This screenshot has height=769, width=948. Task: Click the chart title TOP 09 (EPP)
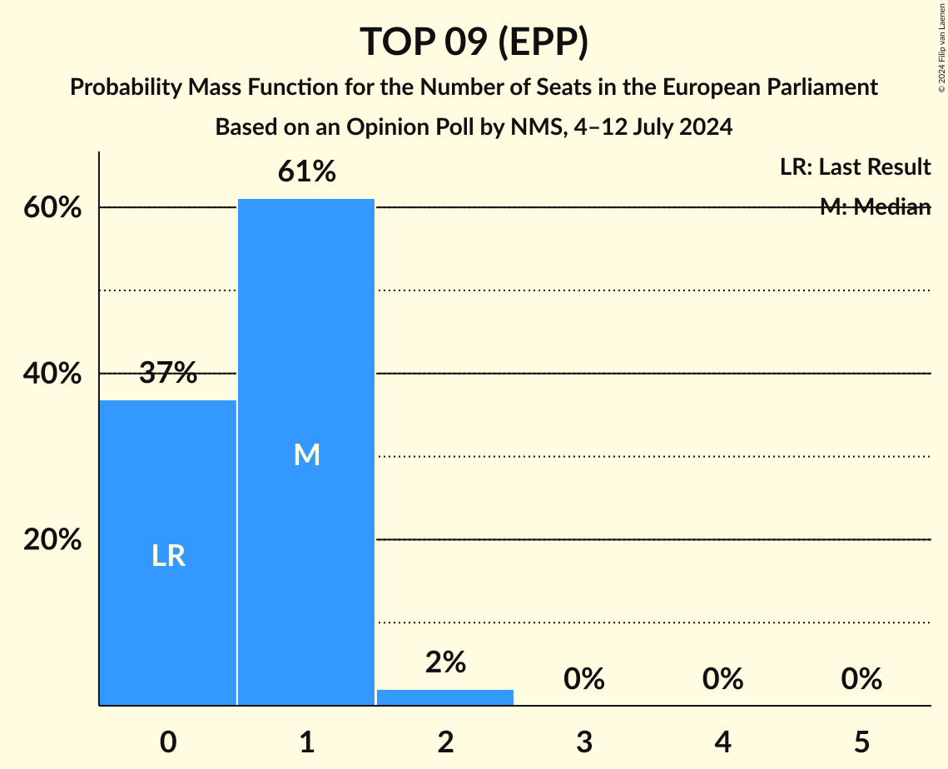coord(474,42)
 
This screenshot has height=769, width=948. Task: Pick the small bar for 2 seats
coord(445,697)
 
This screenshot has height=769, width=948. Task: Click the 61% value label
coord(306,172)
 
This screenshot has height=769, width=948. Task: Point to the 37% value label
coord(168,374)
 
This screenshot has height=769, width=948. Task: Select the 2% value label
coord(445,662)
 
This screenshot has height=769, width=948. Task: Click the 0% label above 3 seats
coord(583,679)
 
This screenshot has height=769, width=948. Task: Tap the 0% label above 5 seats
coord(861,679)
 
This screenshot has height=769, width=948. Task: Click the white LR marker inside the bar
coord(168,556)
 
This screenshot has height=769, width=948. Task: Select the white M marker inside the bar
coord(306,454)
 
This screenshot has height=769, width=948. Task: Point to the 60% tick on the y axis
coord(52,208)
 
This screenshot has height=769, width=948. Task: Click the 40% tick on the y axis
coord(52,374)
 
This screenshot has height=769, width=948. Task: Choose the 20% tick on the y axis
coord(52,540)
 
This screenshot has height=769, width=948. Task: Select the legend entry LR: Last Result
coord(855,167)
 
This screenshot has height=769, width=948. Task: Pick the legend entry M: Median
coord(875,207)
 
